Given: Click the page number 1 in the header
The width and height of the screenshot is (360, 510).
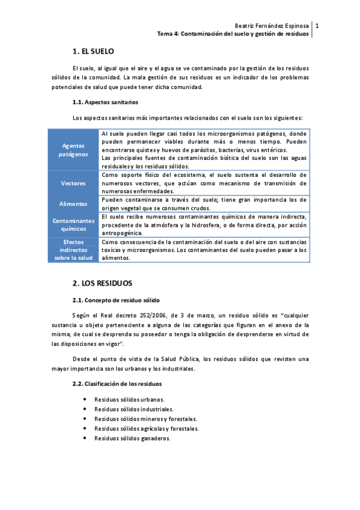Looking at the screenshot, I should point(317,26).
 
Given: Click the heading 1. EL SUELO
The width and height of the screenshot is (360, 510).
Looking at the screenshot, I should point(93,52).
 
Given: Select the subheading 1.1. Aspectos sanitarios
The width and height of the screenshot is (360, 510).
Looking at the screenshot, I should point(105,102).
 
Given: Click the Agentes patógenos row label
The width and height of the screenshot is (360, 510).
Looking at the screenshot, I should point(73,150).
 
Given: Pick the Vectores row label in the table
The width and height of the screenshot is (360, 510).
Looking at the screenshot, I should point(73,183).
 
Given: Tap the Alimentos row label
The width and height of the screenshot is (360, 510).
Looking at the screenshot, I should point(73,204).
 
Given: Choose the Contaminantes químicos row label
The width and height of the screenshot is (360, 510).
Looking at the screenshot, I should point(73,224).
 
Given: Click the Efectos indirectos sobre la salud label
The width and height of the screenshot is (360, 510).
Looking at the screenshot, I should point(73,250).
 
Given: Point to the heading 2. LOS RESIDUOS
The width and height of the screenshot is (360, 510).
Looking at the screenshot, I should point(102,283).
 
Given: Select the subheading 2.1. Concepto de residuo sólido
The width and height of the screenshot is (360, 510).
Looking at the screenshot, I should point(116,300).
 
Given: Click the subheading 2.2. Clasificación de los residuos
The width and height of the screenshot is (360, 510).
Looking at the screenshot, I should point(117,383).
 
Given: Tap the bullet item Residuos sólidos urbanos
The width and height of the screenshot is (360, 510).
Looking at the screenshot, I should point(129,399).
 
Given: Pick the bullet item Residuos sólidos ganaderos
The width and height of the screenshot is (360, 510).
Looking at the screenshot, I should point(132,438).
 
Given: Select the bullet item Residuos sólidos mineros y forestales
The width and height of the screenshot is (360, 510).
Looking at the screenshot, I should point(146,419).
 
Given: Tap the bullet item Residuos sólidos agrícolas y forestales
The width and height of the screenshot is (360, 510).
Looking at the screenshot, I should point(147,429).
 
